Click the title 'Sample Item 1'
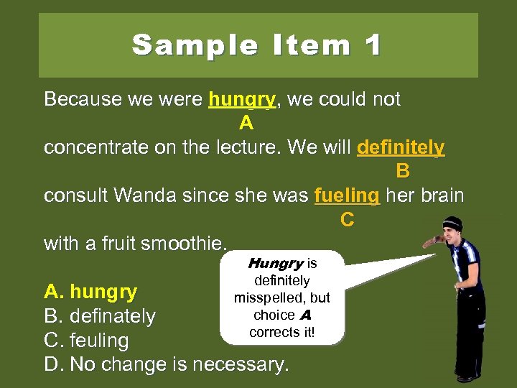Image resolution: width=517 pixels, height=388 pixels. point(257,45)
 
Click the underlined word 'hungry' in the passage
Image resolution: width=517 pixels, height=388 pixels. point(242,99)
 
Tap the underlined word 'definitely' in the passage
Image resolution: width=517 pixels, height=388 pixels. point(401,148)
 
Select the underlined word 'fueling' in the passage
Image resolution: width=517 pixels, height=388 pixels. point(346,195)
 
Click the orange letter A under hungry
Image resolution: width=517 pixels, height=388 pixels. point(246,124)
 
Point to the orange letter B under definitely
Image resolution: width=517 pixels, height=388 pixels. point(403,172)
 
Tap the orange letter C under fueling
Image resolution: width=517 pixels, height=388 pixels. point(347,220)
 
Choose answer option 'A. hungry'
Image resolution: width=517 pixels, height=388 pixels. point(90,292)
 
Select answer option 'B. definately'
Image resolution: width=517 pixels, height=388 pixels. point(100,316)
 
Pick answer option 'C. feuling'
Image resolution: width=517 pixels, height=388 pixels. point(86,341)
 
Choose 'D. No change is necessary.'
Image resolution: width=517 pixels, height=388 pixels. point(167,364)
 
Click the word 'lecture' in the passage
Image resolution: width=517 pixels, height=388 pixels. point(244,148)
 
